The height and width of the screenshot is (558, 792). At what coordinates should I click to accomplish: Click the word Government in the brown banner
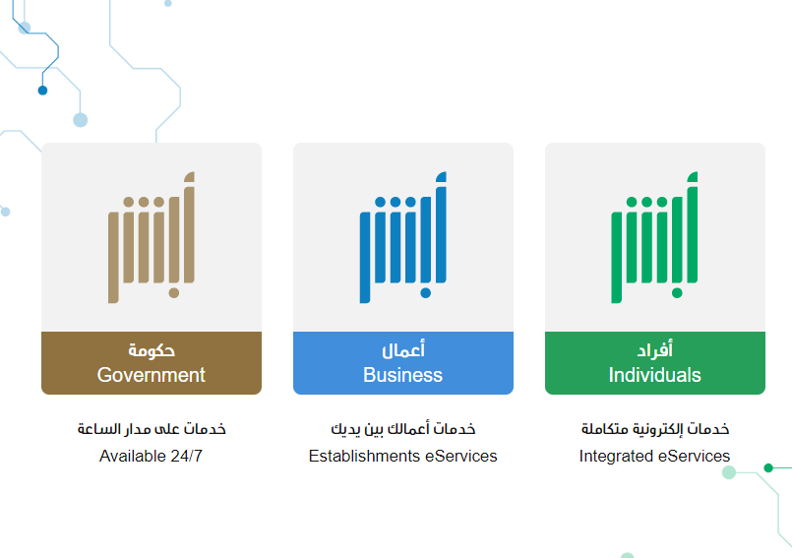pos(152,375)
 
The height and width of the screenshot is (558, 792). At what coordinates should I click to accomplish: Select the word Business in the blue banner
pos(403,375)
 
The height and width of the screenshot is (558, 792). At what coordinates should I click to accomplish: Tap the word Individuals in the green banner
pos(654,375)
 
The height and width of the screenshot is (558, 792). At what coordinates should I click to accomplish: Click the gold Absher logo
pos(152,237)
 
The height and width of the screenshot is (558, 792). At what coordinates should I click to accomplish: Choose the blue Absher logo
pos(403,237)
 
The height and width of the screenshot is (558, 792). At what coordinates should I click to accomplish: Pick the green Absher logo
pos(654,237)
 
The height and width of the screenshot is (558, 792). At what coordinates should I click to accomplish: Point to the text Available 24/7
pos(152,456)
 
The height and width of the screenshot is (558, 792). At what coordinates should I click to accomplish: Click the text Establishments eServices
pos(403,456)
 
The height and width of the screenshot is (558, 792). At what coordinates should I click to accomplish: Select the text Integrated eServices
pos(654,456)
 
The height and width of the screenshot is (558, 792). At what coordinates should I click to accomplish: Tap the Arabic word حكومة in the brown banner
pos(152,349)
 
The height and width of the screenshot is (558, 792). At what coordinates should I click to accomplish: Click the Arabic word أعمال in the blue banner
pos(403,349)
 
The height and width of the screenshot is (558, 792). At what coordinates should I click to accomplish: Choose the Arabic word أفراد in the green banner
pos(654,349)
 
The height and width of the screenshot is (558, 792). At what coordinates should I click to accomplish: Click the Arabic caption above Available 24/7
pos(152,429)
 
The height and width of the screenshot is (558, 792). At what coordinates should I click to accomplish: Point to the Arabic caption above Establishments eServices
pos(403,429)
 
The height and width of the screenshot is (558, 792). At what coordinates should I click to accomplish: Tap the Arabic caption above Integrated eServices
pos(655,429)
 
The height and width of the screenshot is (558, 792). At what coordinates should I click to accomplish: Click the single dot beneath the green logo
pos(677,293)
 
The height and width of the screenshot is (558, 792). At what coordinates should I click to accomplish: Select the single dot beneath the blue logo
pos(426,293)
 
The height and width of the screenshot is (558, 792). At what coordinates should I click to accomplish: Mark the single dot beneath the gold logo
pos(174,293)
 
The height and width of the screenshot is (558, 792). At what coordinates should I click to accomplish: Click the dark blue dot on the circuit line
pos(42,91)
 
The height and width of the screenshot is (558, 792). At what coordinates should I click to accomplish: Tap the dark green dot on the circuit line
pos(768,468)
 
